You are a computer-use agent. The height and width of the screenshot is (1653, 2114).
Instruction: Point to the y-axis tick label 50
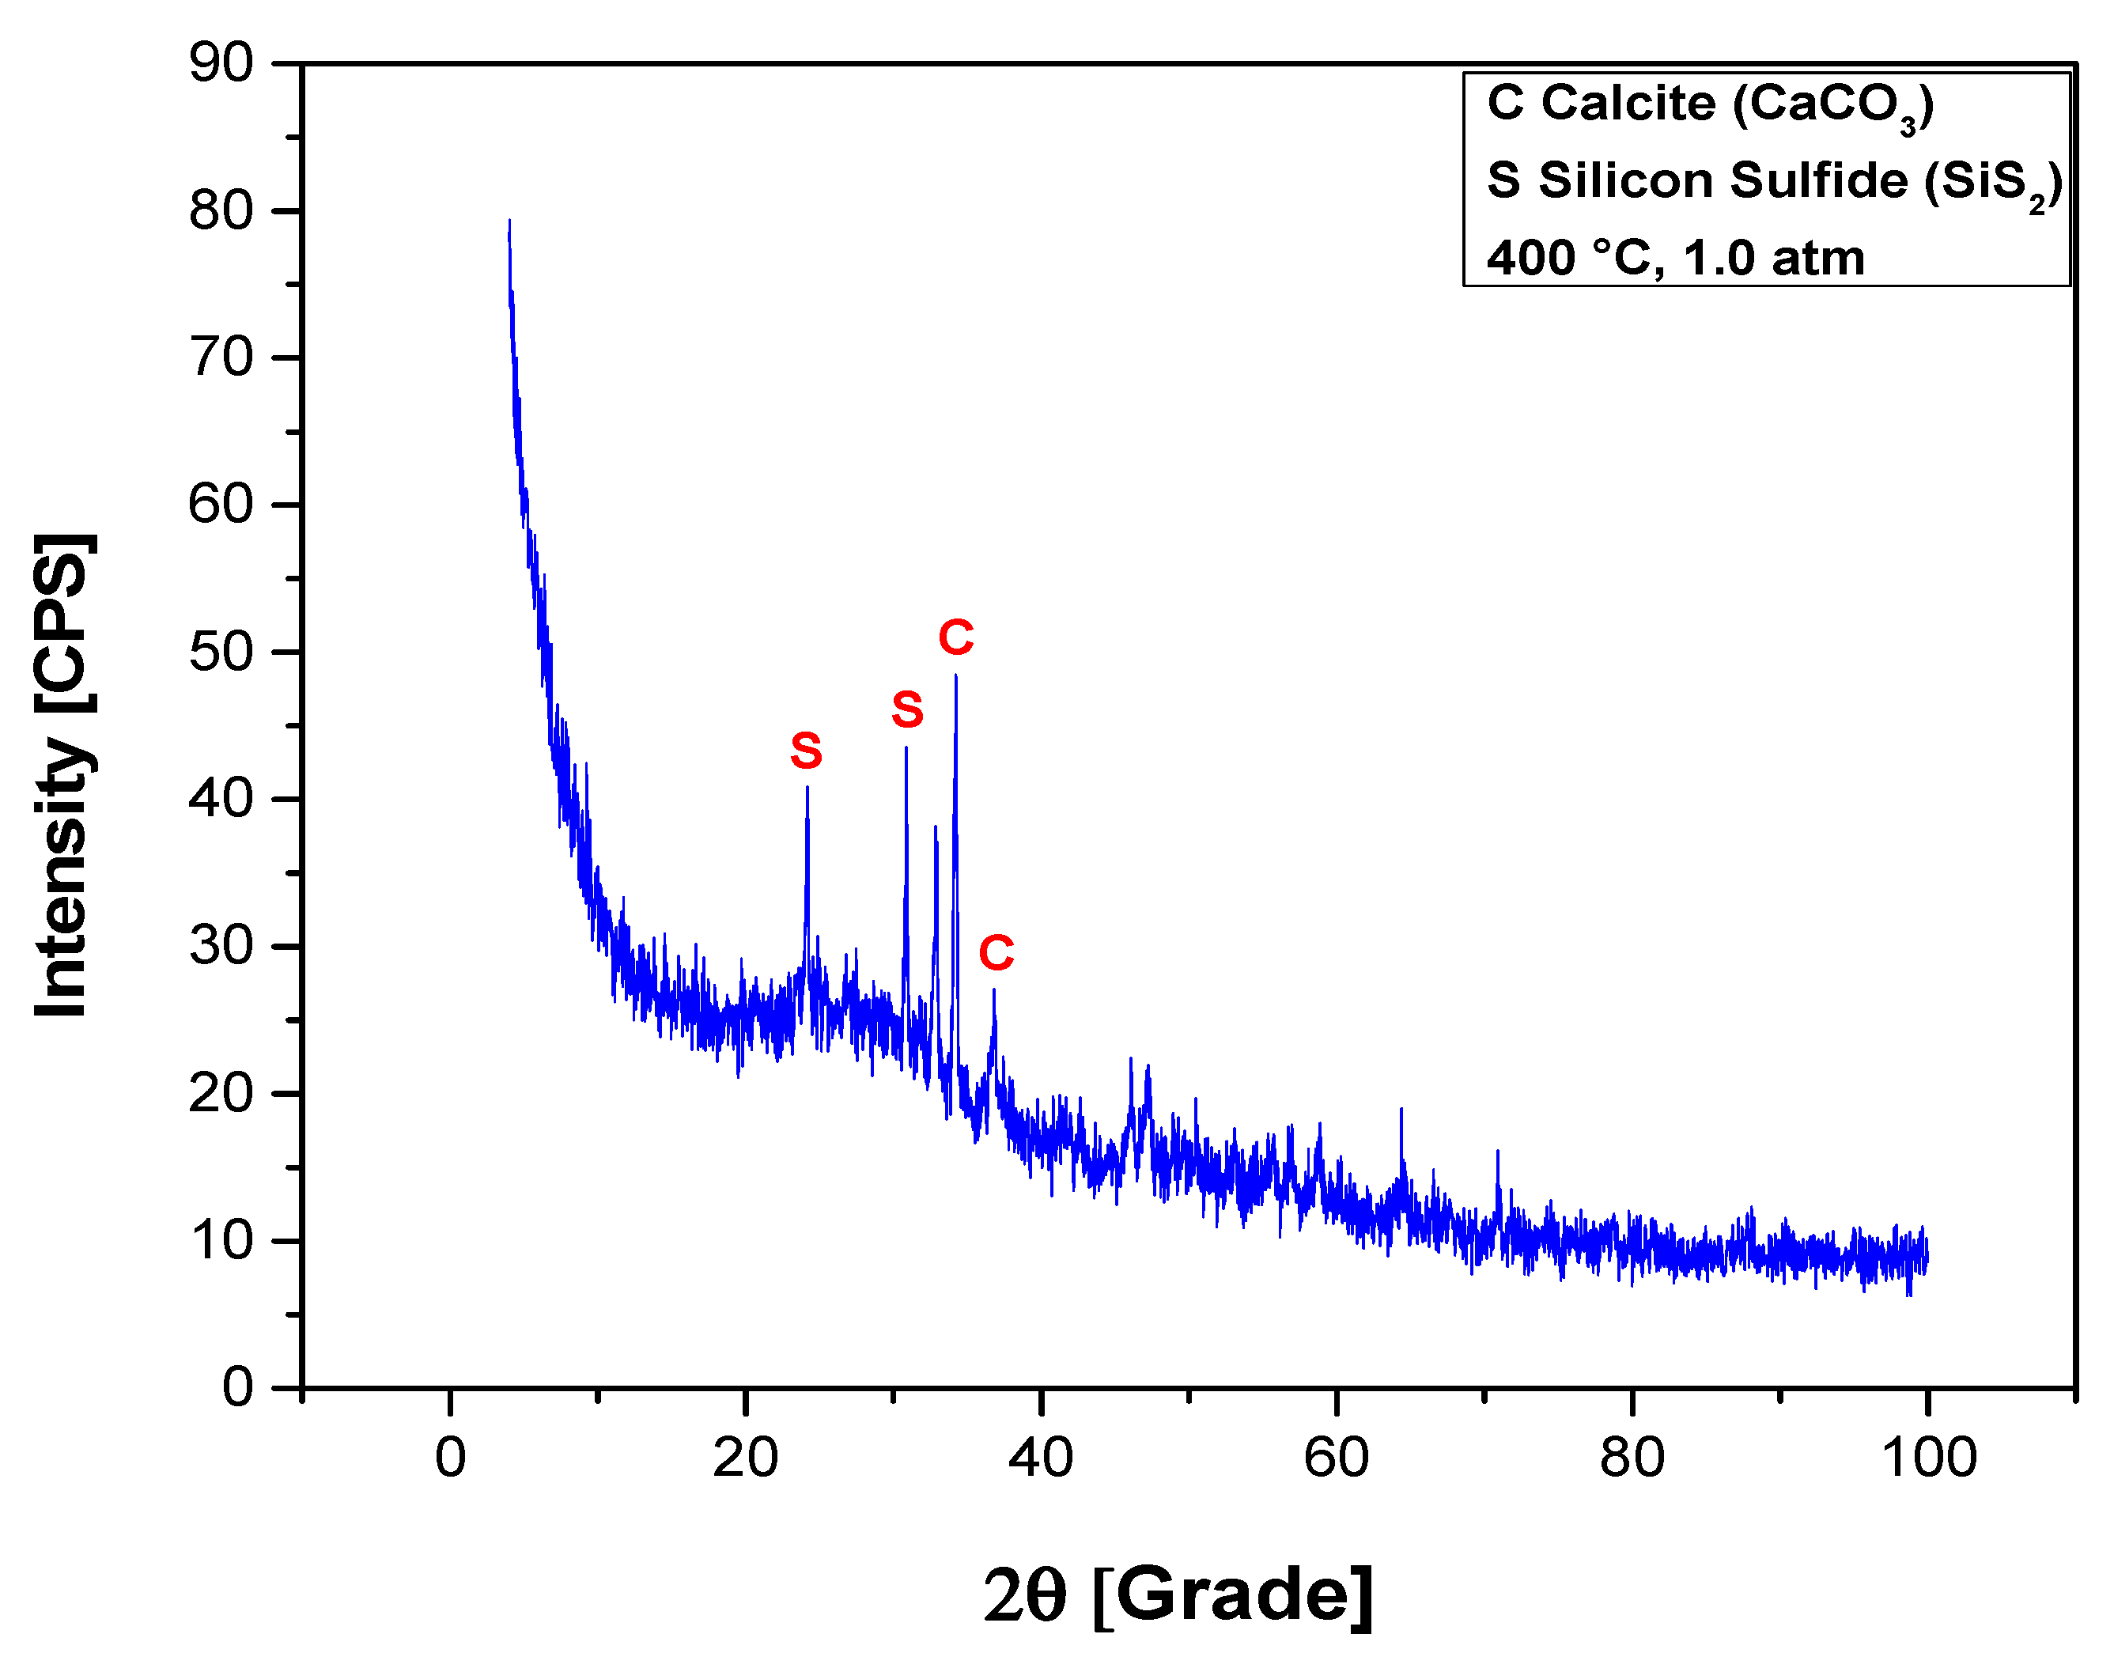(221, 652)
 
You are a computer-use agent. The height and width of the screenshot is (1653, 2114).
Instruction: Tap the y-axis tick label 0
(237, 1388)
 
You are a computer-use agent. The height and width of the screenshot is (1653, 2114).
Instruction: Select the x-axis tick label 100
(1928, 1458)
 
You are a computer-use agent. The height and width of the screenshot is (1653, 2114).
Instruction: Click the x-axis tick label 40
(1041, 1458)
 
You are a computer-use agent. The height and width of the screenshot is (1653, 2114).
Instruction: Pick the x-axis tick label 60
(1336, 1458)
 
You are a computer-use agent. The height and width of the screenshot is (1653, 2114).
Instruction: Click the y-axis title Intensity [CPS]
(64, 774)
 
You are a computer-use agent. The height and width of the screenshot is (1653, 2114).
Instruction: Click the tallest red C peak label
(955, 637)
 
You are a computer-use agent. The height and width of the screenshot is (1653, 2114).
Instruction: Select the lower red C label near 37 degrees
(996, 953)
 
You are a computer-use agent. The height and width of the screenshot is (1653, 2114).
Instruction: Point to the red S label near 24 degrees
(807, 751)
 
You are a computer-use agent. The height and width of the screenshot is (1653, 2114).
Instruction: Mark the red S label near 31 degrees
(907, 710)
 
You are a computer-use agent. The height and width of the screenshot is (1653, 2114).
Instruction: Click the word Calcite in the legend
(1628, 103)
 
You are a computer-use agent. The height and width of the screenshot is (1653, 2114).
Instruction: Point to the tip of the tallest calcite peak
(956, 675)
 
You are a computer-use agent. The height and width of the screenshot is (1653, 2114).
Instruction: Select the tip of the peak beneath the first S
(807, 788)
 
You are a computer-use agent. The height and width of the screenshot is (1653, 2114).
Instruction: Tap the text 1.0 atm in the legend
(1773, 259)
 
